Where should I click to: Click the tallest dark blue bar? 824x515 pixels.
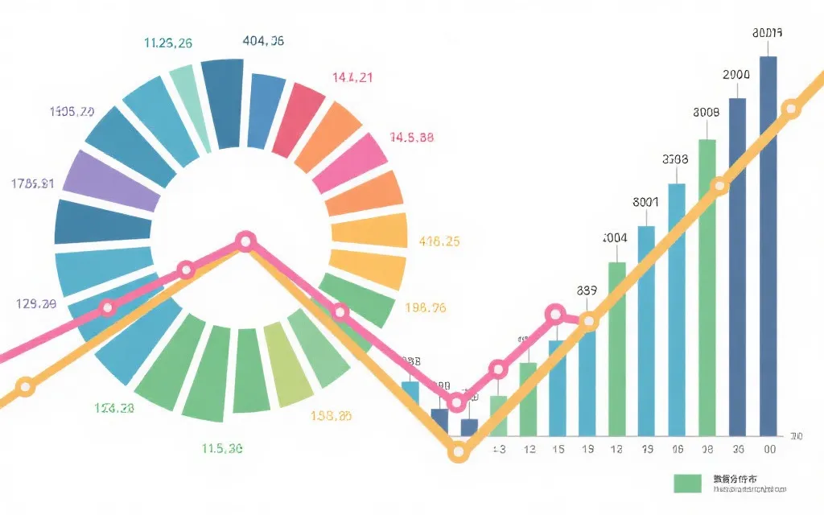click(768, 241)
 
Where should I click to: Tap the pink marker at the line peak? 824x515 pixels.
click(245, 241)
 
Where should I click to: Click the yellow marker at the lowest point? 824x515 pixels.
click(458, 452)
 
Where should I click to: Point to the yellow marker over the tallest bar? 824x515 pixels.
click(791, 109)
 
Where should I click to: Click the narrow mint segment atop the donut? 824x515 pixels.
click(189, 105)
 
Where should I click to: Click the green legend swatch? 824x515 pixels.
click(688, 483)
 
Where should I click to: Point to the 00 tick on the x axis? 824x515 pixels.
click(770, 449)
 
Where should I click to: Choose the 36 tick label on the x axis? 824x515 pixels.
click(738, 449)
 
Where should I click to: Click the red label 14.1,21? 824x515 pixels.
click(352, 78)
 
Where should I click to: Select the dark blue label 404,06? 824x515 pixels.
click(263, 40)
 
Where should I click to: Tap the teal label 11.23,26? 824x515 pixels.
click(167, 43)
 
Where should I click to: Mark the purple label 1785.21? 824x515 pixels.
click(33, 183)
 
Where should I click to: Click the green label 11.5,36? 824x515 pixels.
click(223, 449)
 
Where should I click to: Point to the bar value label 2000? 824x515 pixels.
click(736, 74)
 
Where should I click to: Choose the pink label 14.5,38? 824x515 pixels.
click(411, 137)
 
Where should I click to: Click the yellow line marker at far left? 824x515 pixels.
click(26, 387)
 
